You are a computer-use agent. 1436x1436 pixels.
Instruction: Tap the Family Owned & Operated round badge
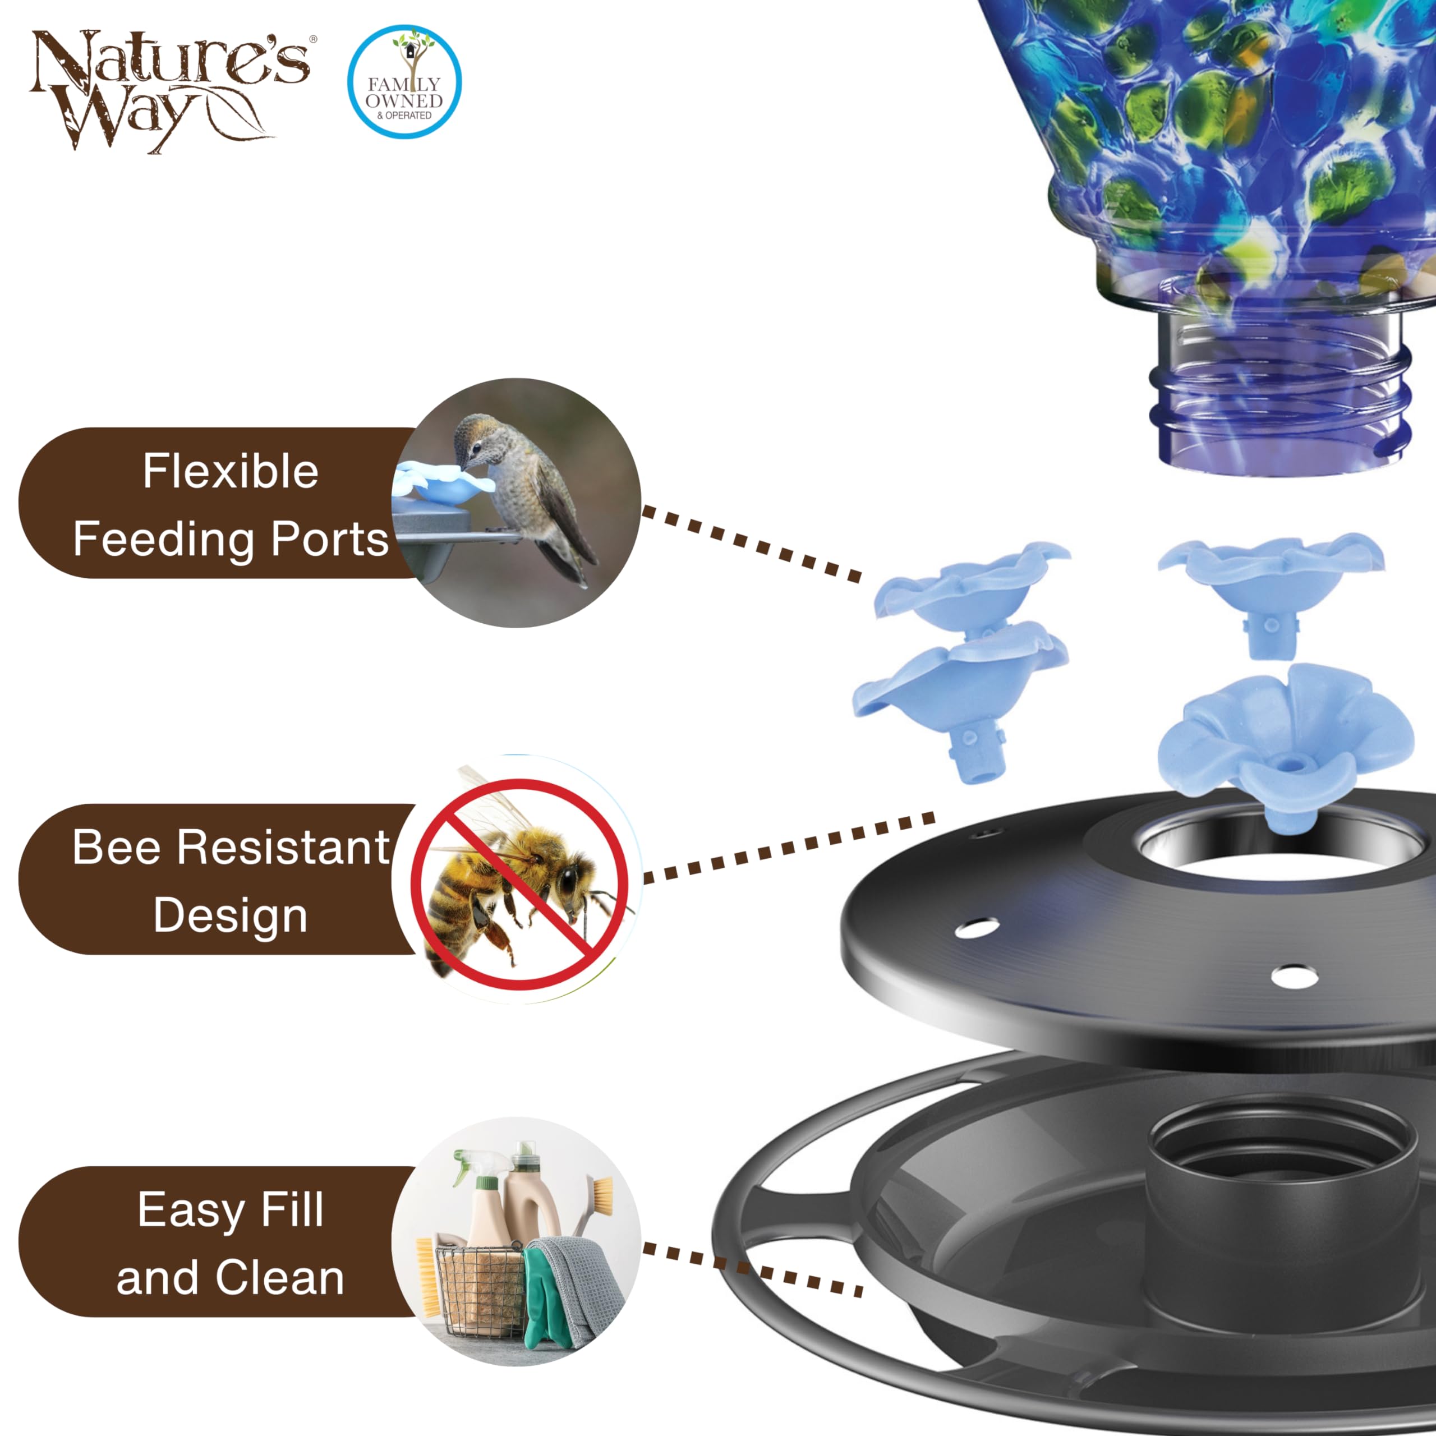coord(404,82)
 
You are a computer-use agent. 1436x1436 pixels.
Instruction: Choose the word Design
coord(231,915)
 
